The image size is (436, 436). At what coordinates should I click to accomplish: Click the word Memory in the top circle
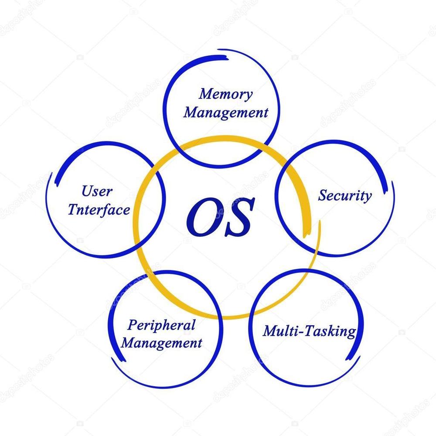(225, 95)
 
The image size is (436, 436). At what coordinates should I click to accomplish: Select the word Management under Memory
(225, 113)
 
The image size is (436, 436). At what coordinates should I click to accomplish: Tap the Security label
(345, 196)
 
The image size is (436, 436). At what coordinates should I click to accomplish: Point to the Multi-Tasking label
(309, 331)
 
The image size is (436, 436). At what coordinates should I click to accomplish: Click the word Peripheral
(161, 325)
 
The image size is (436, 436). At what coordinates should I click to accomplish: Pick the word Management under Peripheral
(162, 342)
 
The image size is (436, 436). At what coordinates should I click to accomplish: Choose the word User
(97, 191)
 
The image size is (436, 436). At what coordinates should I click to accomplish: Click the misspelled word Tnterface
(99, 210)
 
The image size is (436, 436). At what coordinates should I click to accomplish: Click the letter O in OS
(203, 216)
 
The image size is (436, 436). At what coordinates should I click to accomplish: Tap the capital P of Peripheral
(132, 325)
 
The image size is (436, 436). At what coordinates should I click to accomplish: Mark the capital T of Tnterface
(72, 209)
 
